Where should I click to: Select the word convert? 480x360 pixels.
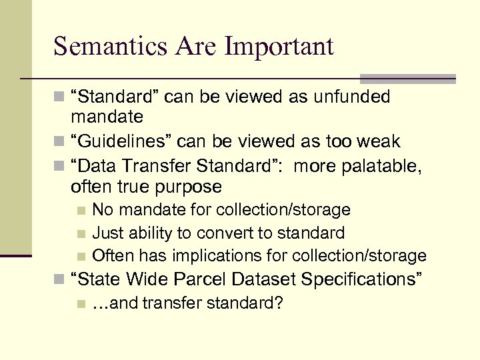coord(215,233)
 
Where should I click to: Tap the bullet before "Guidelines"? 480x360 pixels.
coord(59,142)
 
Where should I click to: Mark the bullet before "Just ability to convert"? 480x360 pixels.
coord(81,233)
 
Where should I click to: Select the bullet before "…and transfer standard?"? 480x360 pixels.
coord(81,304)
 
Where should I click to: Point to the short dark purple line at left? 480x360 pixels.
coord(16,255)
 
